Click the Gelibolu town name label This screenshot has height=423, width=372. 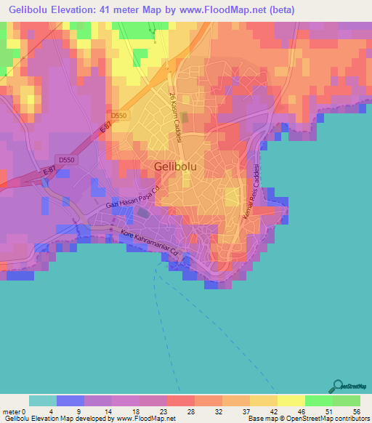click(179, 166)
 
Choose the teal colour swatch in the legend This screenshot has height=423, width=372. click(42, 400)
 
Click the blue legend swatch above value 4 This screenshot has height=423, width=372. click(70, 400)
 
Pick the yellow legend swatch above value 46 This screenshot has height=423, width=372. click(291, 400)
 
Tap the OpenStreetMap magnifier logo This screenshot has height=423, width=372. click(338, 387)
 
